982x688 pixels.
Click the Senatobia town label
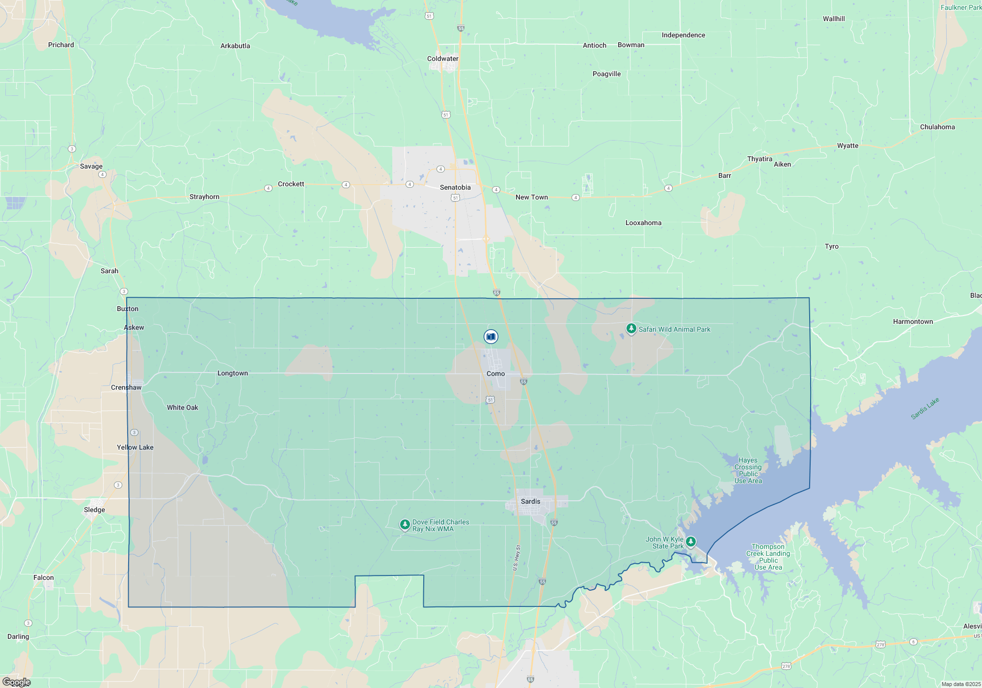click(x=455, y=187)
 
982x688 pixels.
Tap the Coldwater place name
click(x=442, y=58)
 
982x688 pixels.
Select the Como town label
click(x=495, y=373)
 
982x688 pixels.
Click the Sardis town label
click(x=530, y=501)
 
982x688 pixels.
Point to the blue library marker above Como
click(x=491, y=337)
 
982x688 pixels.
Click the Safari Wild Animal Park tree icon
click(x=631, y=328)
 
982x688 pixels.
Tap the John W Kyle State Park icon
click(x=691, y=542)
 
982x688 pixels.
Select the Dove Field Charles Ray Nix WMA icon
click(x=405, y=525)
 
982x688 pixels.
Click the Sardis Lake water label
click(x=925, y=408)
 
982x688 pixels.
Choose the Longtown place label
click(x=233, y=373)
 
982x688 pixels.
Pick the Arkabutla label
click(x=235, y=46)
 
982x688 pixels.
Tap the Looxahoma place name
click(x=643, y=223)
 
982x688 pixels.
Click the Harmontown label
click(x=913, y=321)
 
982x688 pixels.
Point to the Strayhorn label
click(x=204, y=197)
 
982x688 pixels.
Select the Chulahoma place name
click(x=937, y=127)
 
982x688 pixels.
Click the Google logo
click(x=16, y=682)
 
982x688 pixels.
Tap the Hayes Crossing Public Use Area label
click(x=748, y=471)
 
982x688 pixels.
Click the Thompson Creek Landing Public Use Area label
click(x=768, y=557)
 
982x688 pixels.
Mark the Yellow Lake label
click(x=135, y=447)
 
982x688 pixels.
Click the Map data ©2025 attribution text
click(x=961, y=684)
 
